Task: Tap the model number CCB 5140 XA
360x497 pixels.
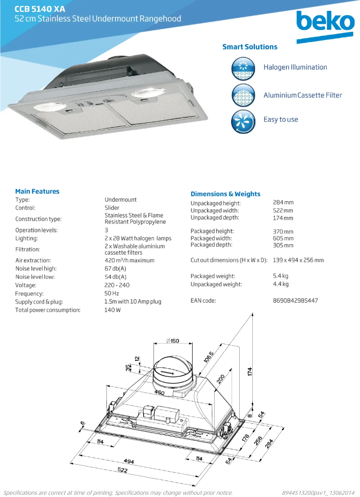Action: point(40,9)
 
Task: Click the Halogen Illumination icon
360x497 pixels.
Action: point(243,68)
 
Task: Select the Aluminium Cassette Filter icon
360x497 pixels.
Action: point(243,95)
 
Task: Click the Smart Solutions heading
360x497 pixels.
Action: point(250,47)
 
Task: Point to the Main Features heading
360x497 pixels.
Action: point(37,191)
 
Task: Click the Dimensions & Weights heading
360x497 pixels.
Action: point(225,194)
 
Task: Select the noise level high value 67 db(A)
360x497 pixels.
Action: point(115,268)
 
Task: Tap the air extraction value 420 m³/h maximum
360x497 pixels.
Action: point(129,260)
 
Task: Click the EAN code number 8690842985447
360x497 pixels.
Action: point(295,300)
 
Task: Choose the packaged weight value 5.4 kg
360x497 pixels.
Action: point(281,276)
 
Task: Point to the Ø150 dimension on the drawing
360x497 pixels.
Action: point(172,341)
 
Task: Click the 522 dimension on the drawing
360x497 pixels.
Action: point(123,470)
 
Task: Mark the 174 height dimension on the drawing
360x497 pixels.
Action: point(250,371)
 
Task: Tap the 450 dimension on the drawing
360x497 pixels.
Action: point(159,393)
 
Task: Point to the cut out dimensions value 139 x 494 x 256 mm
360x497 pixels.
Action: point(298,260)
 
